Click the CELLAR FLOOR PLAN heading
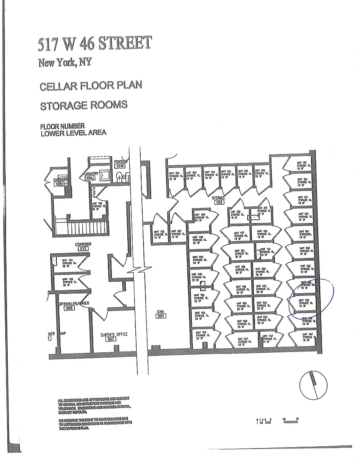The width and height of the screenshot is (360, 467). point(91,86)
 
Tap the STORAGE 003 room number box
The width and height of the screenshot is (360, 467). point(219,202)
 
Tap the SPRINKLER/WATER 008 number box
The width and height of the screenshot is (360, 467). point(69,308)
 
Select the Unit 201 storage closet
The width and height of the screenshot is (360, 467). point(300,164)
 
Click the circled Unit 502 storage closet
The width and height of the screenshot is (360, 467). point(303,303)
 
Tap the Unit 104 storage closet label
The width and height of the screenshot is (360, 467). point(68,262)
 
